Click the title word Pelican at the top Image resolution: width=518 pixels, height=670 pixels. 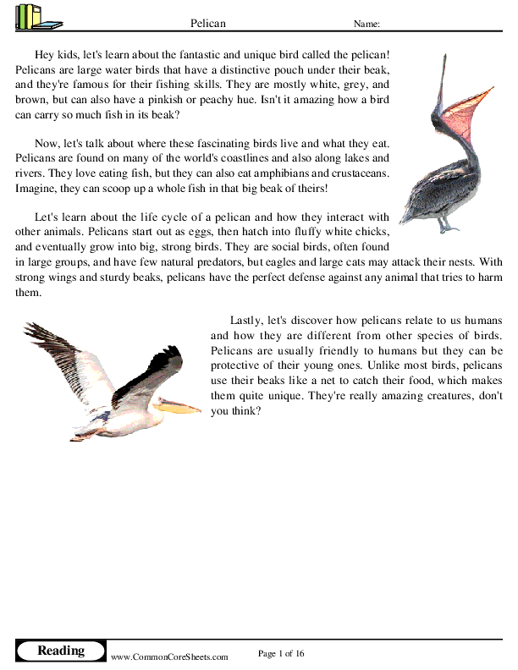point(208,24)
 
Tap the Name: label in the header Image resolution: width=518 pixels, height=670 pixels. point(366,25)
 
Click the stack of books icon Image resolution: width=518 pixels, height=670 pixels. point(33,17)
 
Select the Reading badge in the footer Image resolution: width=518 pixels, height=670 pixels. point(61,651)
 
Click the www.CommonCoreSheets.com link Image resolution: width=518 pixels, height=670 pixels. point(170,656)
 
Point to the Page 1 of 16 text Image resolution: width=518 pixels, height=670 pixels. point(280,653)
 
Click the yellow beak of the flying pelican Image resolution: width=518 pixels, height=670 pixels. point(178,407)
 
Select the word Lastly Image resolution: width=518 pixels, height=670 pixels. point(245,320)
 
